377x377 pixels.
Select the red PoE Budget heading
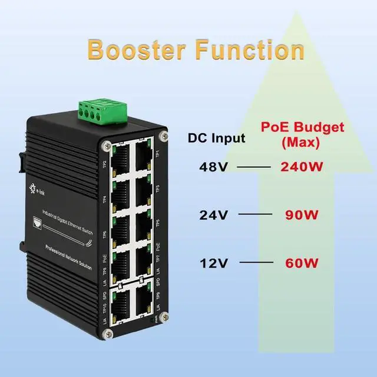(302, 127)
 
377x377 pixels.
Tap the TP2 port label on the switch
(105, 164)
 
